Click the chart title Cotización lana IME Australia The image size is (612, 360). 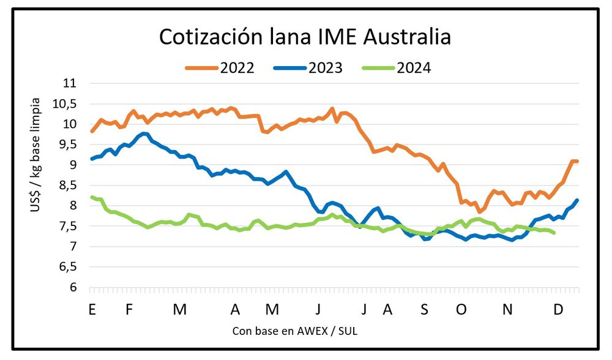coord(305,37)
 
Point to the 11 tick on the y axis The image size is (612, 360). coord(73,83)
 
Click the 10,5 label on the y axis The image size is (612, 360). coord(67,103)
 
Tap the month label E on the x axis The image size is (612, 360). coord(92,309)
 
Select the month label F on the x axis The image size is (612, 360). coord(129,309)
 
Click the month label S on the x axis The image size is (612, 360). coord(424,309)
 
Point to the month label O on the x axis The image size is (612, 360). coord(461,309)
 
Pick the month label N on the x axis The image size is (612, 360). coord(507,309)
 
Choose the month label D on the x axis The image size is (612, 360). coord(558,309)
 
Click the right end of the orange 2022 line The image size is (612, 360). coord(577,161)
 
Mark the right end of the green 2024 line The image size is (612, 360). coord(554,233)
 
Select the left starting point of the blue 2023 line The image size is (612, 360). coord(92,159)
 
